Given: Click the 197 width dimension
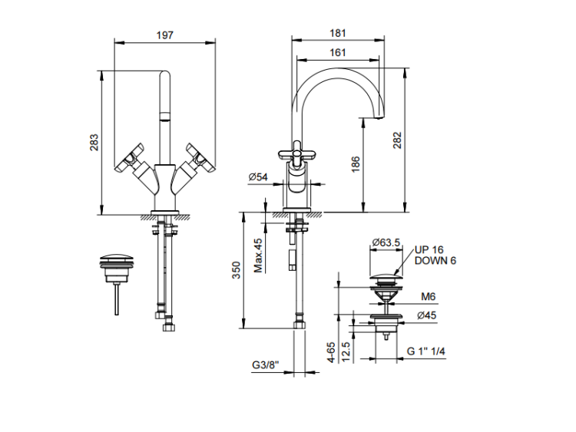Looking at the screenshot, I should tap(164, 35).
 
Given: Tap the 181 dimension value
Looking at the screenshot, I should tap(337, 33).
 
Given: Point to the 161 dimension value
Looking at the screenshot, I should tap(337, 53).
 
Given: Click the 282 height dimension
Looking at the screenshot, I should tap(397, 140).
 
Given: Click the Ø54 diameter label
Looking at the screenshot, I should tap(257, 177).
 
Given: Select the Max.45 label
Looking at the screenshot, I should tap(259, 254).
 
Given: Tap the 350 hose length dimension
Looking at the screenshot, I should tap(236, 269).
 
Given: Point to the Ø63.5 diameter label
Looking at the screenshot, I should tap(386, 243).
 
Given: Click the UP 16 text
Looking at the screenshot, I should tap(429, 250).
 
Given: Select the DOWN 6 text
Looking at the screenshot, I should tap(435, 261).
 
